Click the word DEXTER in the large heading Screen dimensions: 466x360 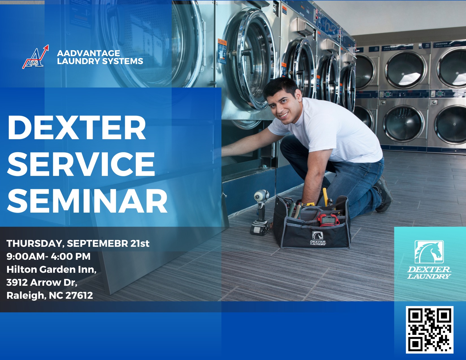click(x=77, y=128)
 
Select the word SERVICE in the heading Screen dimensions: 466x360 click(x=81, y=164)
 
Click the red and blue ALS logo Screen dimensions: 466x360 click(x=36, y=57)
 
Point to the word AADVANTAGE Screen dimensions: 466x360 click(x=89, y=53)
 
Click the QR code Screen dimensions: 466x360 click(x=430, y=330)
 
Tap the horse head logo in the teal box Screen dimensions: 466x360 click(x=429, y=252)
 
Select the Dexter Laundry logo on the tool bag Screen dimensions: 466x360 click(x=318, y=238)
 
